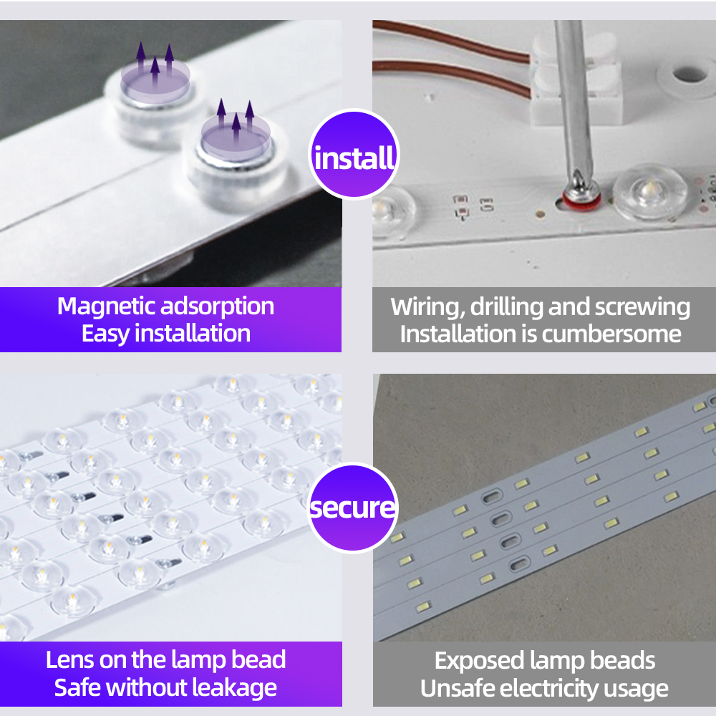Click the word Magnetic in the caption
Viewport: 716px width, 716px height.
107,306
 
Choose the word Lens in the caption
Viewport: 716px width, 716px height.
69,659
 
